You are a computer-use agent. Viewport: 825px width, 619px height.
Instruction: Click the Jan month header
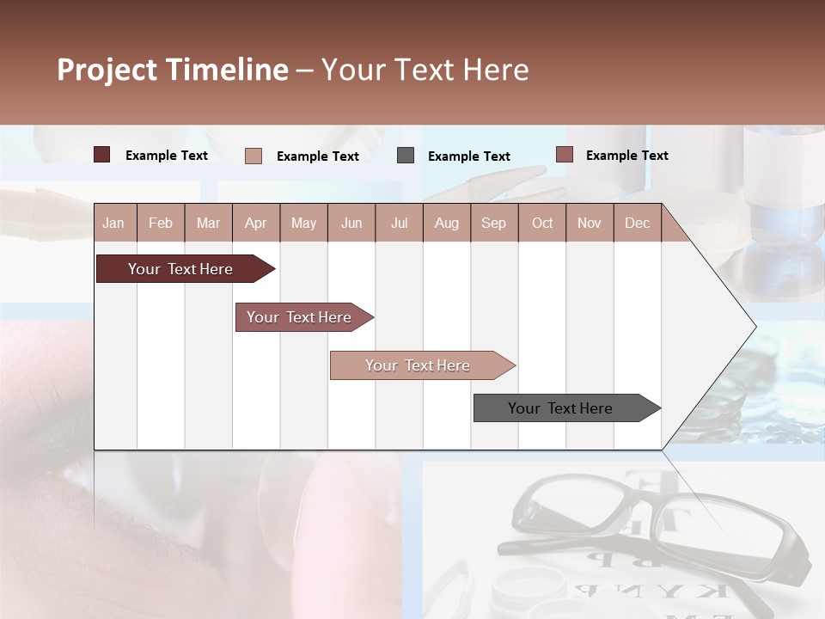[x=113, y=223]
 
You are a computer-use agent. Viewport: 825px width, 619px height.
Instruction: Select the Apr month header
[x=255, y=223]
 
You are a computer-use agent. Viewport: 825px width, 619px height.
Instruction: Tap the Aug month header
[x=446, y=223]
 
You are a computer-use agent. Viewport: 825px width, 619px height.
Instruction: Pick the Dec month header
[x=637, y=223]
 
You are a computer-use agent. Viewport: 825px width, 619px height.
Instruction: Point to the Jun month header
[x=351, y=223]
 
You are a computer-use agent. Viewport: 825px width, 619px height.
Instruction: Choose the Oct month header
[x=541, y=223]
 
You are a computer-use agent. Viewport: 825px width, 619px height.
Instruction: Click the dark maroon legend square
[x=101, y=155]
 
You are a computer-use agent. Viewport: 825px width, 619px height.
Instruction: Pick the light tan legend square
[x=253, y=156]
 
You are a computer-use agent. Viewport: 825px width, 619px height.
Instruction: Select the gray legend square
[x=406, y=155]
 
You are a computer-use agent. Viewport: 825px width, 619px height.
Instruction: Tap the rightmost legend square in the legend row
[x=564, y=155]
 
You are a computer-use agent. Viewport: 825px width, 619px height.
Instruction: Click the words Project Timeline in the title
[x=172, y=70]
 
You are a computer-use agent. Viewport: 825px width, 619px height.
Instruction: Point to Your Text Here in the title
[x=425, y=70]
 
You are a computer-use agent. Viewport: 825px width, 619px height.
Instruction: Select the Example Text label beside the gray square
[x=468, y=156]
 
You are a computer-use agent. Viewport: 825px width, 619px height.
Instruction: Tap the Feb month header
[x=161, y=223]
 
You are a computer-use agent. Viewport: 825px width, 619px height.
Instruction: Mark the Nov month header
[x=589, y=223]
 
